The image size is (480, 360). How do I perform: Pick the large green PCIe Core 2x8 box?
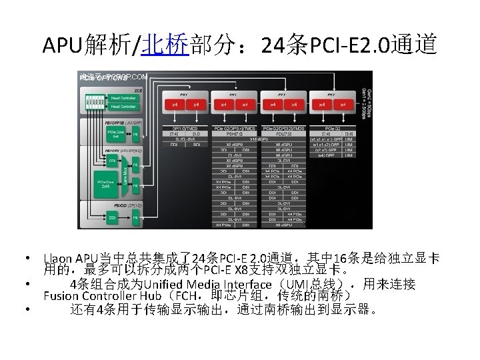pyautogui.click(x=104, y=183)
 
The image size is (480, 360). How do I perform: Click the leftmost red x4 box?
pyautogui.click(x=175, y=105)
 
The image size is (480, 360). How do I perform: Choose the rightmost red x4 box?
pyautogui.click(x=343, y=105)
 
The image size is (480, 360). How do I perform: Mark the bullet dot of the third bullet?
pyautogui.click(x=23, y=309)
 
